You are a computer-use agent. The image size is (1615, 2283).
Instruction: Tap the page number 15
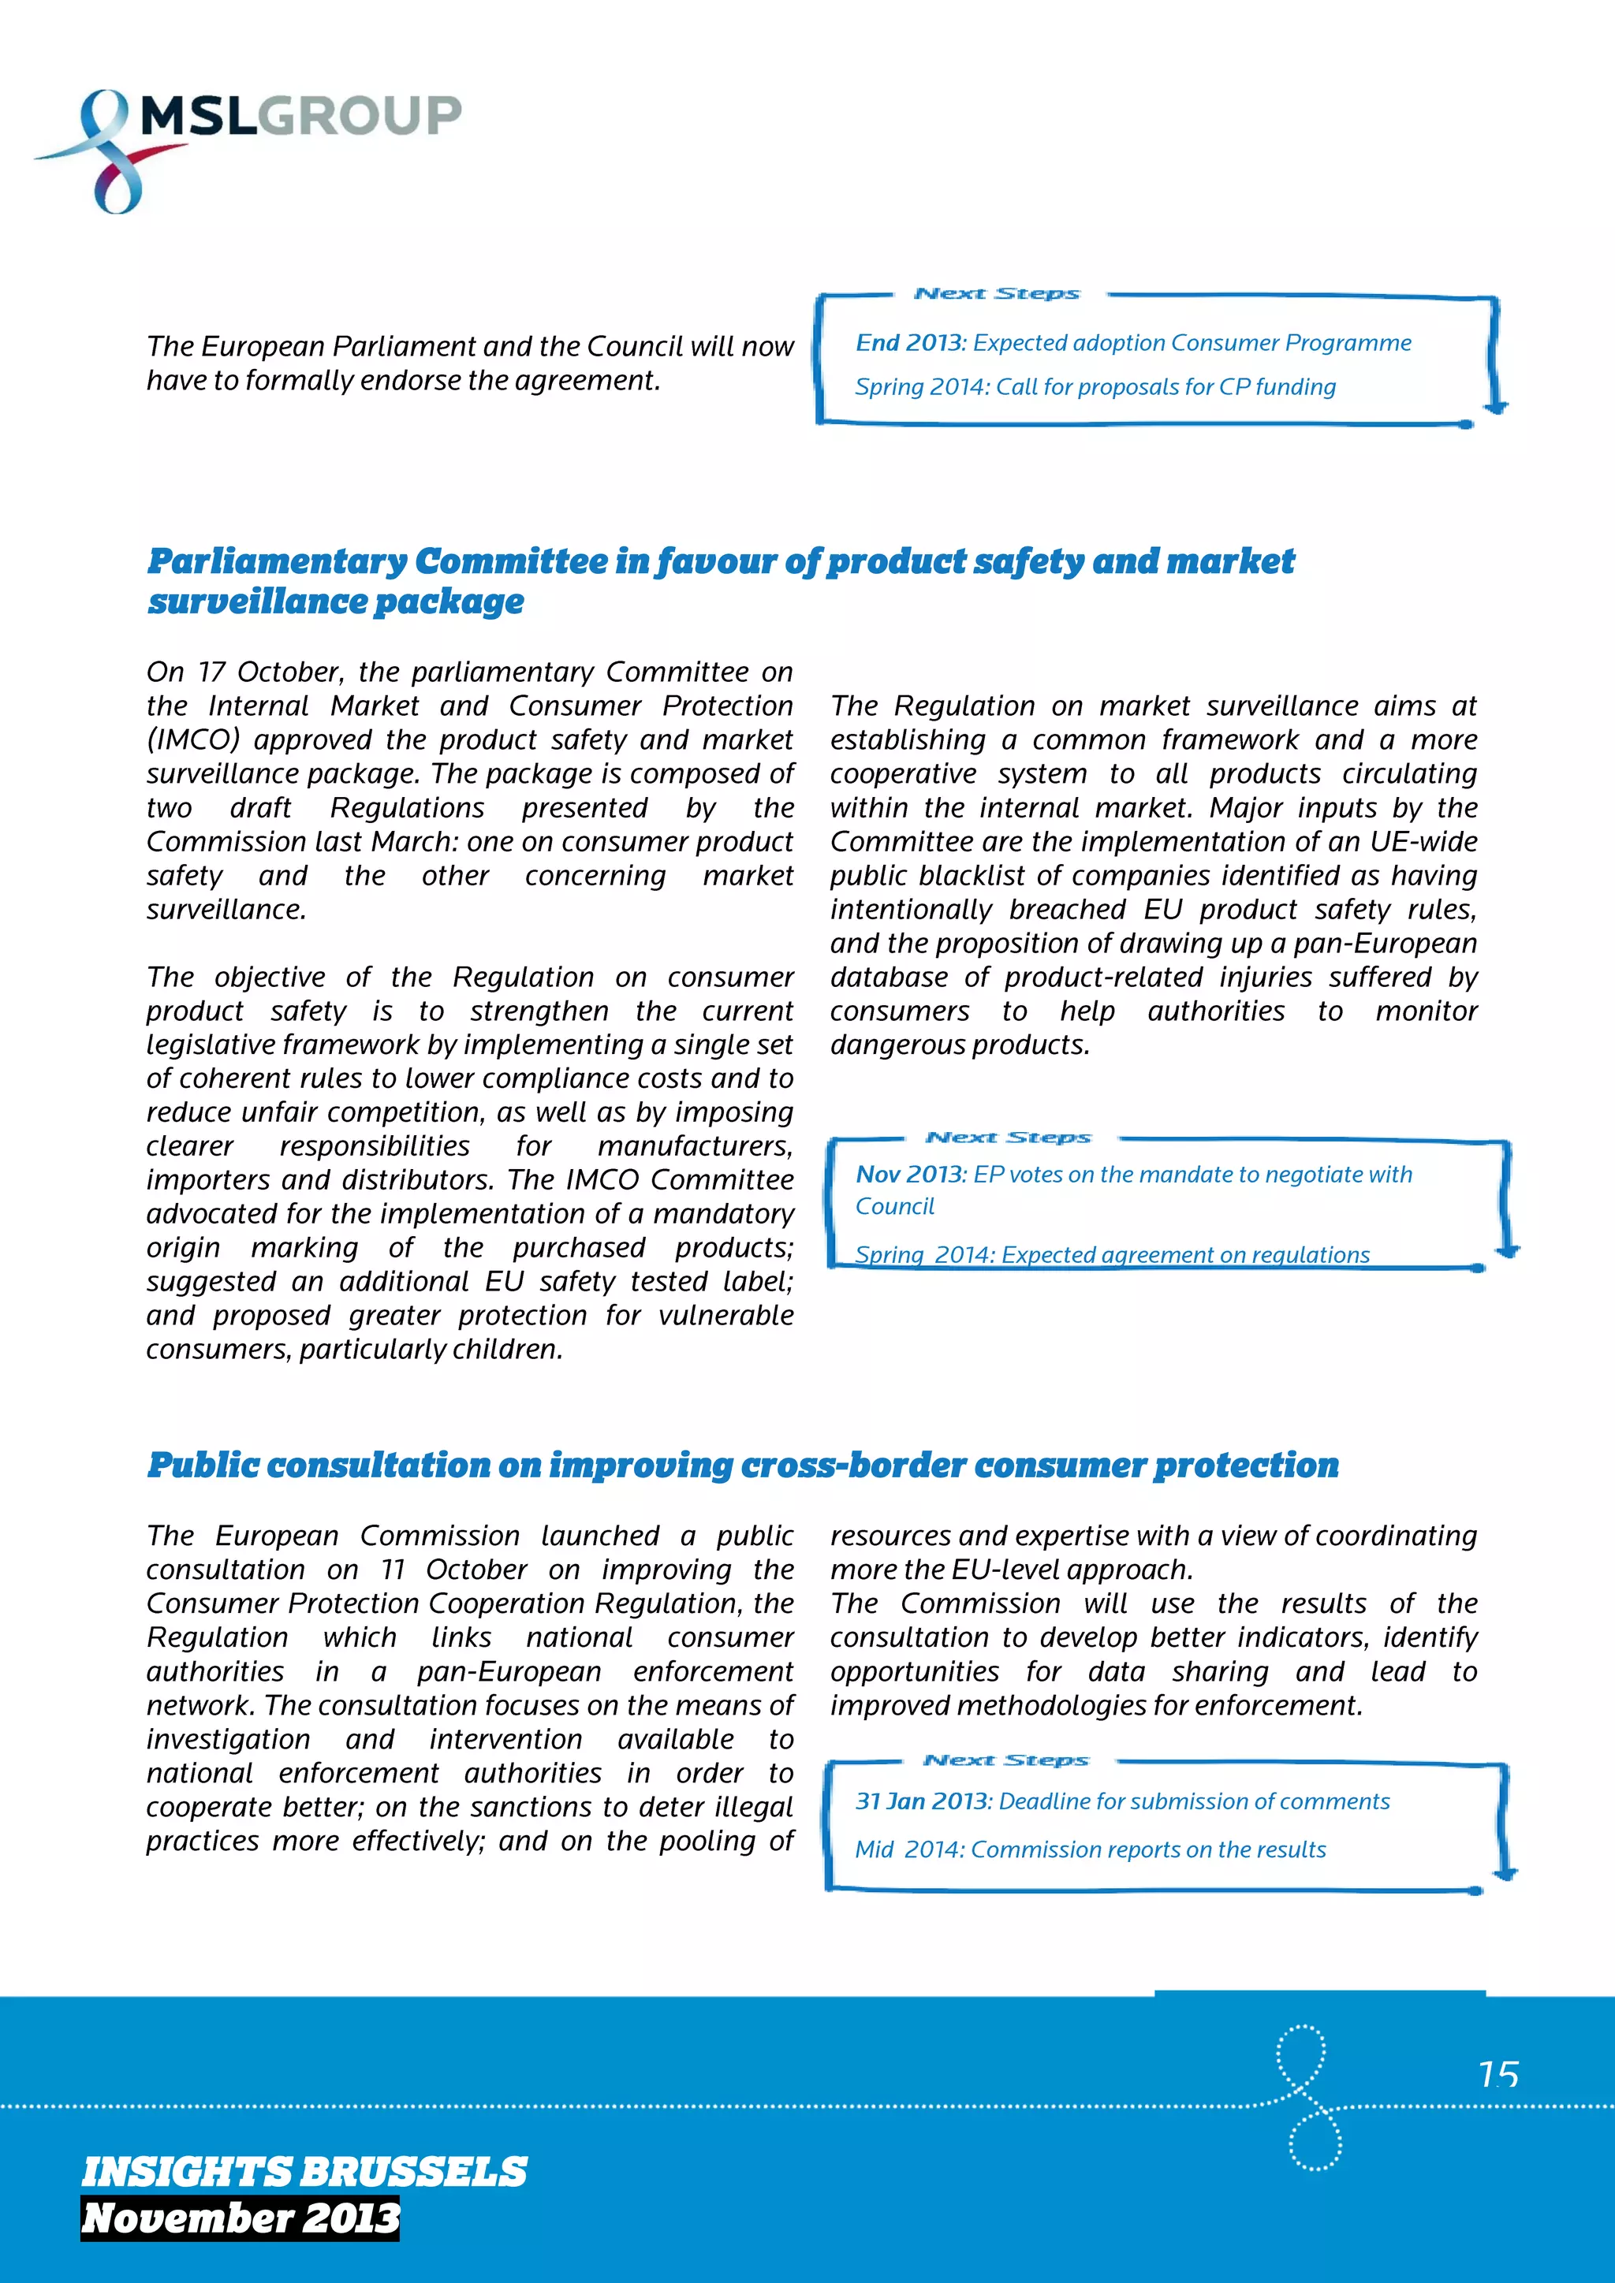1498,2073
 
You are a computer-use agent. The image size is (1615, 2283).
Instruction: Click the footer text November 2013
240,2218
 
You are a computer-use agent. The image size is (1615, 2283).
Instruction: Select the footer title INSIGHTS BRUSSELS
304,2172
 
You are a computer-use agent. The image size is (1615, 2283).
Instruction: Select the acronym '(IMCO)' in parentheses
193,739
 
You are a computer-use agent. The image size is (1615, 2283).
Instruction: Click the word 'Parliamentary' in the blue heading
278,562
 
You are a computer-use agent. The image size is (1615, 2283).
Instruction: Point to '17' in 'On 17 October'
211,672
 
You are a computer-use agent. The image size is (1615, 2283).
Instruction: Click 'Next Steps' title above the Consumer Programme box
997,293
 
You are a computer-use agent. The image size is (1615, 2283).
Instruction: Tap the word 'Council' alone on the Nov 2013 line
895,1206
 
